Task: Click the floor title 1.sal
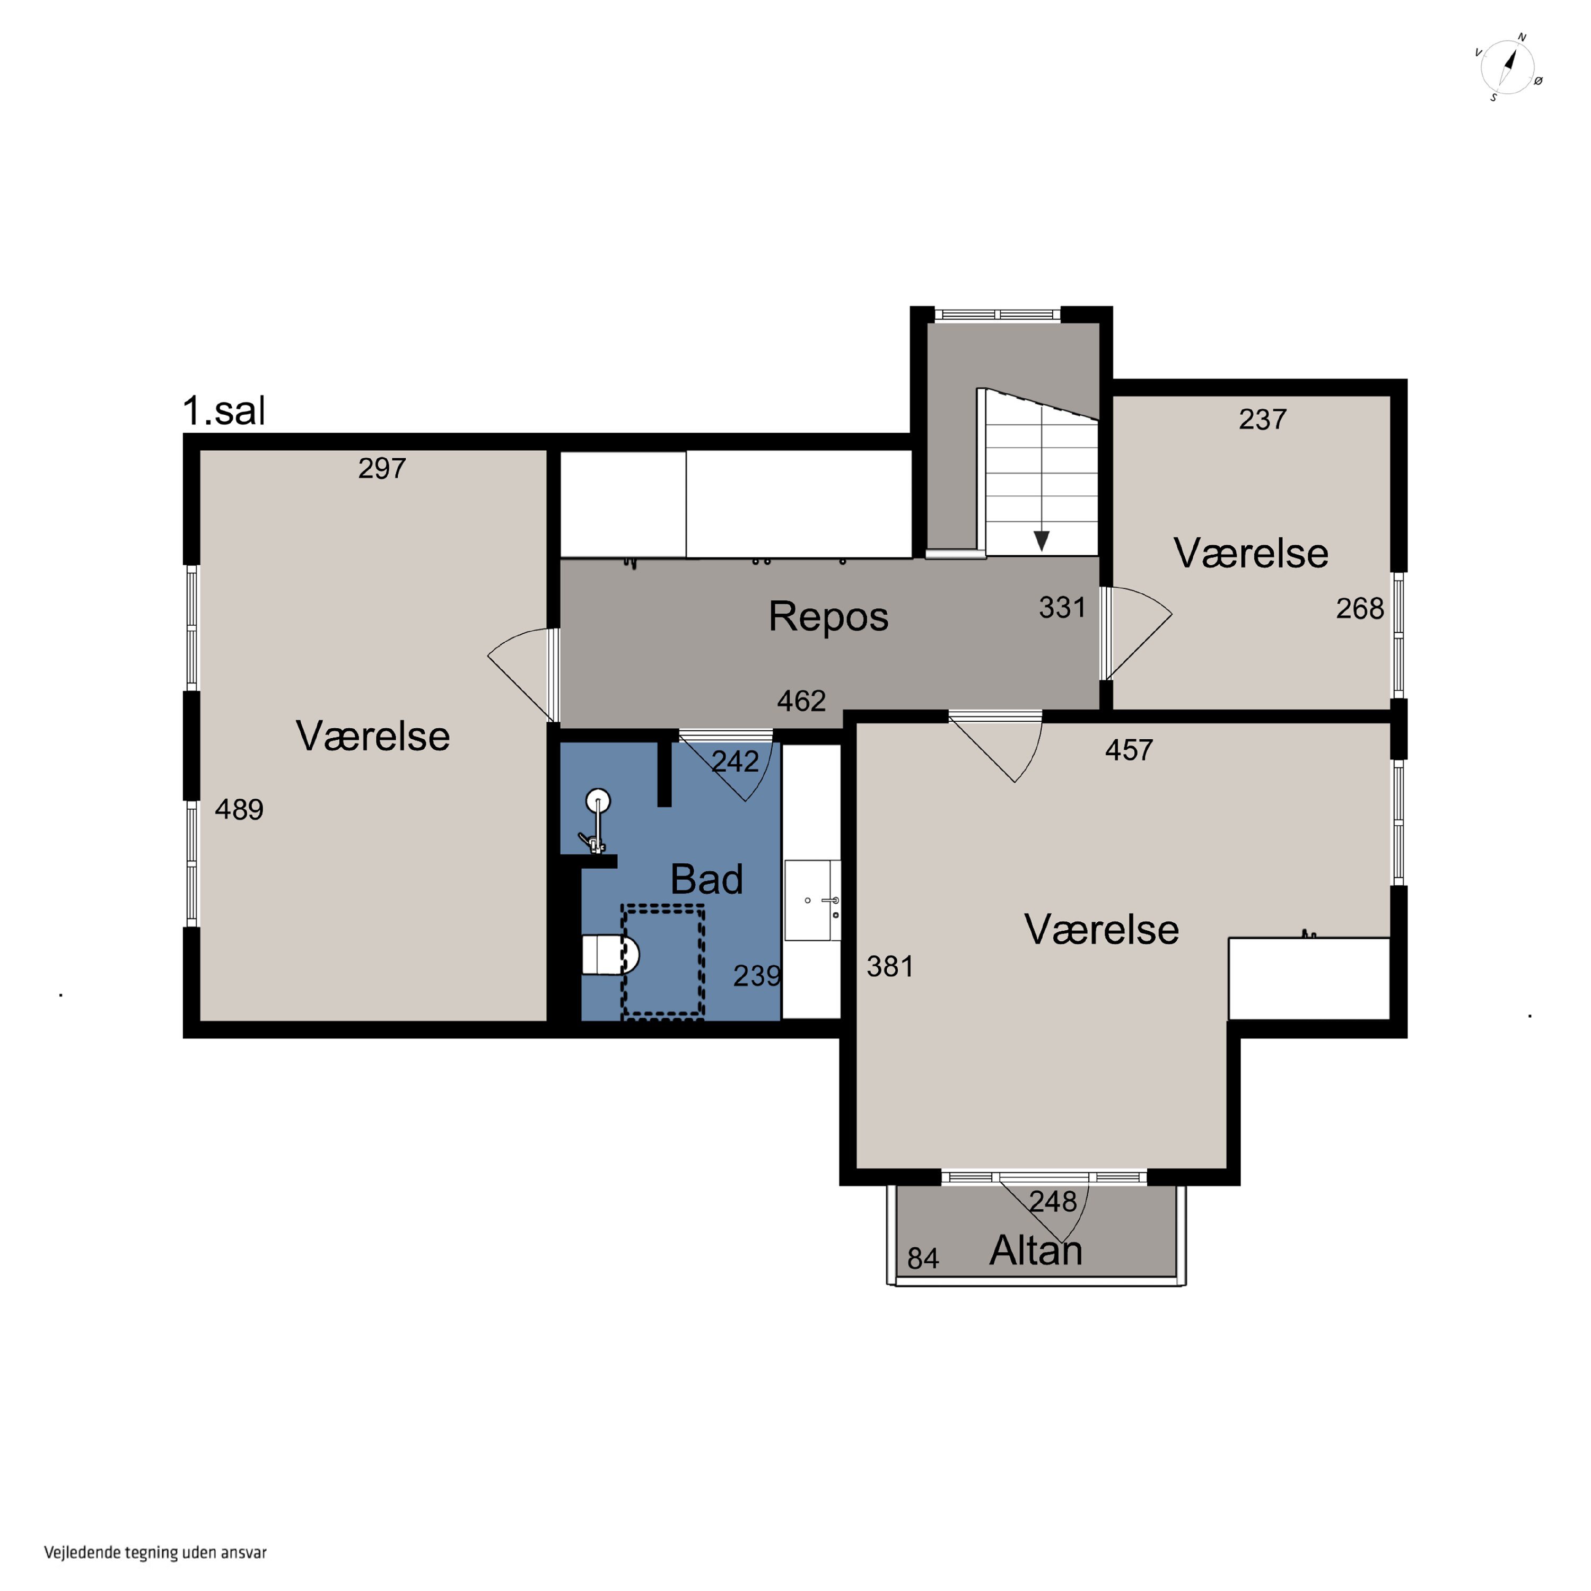click(224, 411)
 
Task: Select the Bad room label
click(706, 879)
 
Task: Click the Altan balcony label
click(1036, 1251)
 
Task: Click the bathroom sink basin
click(813, 900)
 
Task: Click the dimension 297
click(382, 469)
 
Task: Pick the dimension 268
click(1360, 609)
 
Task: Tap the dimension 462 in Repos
click(801, 701)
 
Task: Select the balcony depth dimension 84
click(923, 1258)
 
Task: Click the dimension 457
click(1129, 750)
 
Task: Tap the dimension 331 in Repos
click(1062, 608)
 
